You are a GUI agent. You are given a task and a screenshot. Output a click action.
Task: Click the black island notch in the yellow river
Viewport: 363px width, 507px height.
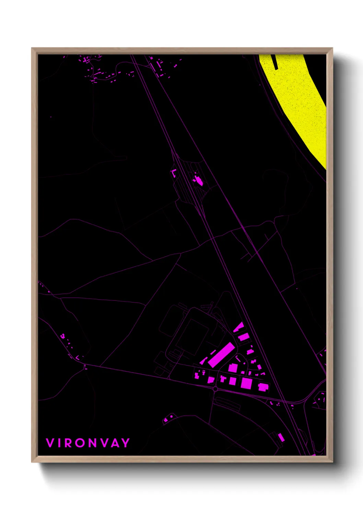(275, 62)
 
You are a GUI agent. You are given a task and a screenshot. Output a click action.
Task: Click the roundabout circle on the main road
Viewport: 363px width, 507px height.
(215, 389)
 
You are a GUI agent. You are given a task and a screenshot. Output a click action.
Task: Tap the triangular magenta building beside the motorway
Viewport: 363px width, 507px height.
(239, 327)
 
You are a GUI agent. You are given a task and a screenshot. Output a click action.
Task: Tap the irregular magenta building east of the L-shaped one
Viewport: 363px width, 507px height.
(198, 180)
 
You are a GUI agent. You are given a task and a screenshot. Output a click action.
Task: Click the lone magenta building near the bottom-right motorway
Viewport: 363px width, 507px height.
(281, 437)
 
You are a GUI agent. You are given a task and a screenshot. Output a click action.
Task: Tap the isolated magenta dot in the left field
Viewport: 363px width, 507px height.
(51, 117)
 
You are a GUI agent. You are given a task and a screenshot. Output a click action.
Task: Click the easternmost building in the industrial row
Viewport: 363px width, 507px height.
(263, 387)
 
